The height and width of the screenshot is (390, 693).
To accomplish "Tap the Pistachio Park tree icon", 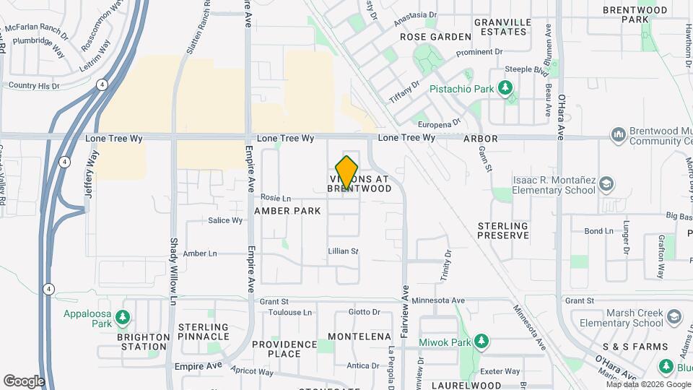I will pyautogui.click(x=506, y=89).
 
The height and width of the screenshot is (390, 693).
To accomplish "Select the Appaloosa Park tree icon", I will pyautogui.click(x=123, y=316).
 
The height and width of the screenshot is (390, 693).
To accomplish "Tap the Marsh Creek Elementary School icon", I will pyautogui.click(x=674, y=317).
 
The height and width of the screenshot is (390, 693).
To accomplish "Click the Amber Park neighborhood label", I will pyautogui.click(x=287, y=211).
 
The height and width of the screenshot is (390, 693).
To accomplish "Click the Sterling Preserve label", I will pyautogui.click(x=503, y=230).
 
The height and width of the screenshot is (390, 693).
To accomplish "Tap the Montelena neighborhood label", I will pyautogui.click(x=359, y=337).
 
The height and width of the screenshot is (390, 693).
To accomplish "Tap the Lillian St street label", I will pyautogui.click(x=344, y=251).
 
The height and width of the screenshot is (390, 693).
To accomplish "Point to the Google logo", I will pyautogui.click(x=24, y=381).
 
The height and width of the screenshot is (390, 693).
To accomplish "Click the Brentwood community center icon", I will pyautogui.click(x=618, y=135).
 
